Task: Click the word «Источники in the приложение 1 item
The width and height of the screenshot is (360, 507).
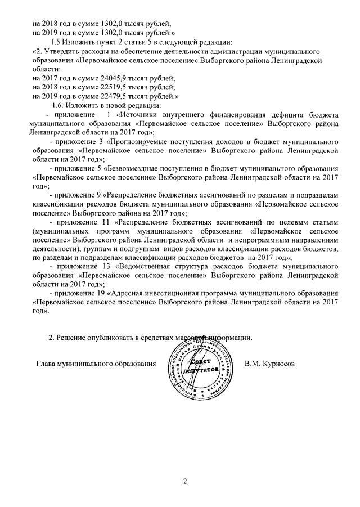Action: pos(140,116)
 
